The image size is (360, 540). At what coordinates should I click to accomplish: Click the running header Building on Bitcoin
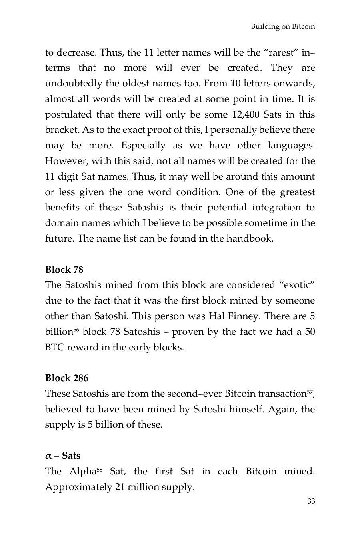(283, 27)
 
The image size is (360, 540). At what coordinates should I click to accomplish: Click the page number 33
(311, 501)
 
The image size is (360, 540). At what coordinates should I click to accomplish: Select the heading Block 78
(64, 270)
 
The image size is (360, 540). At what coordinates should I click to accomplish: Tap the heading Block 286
(66, 378)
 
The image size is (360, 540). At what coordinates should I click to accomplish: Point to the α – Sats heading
(63, 456)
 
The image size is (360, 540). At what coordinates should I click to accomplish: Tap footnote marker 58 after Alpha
(100, 469)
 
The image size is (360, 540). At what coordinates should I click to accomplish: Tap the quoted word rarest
(278, 52)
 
